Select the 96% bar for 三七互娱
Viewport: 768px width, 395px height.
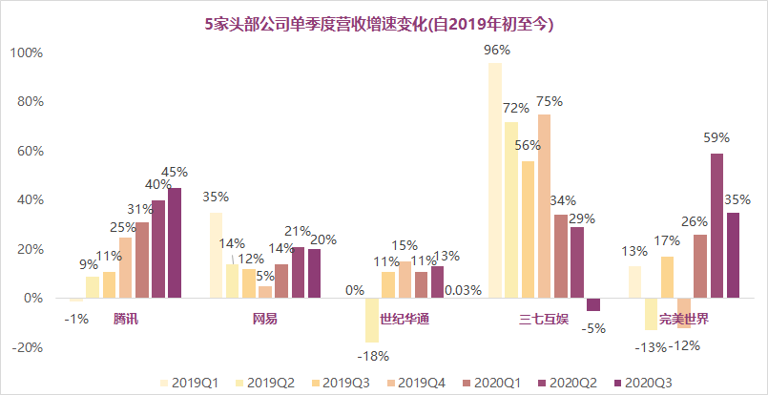pos(494,180)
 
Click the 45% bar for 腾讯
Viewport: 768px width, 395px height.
pos(174,242)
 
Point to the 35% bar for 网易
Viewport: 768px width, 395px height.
pos(216,255)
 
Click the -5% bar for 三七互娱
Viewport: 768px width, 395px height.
pos(593,304)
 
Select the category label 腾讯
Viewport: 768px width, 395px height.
pos(126,318)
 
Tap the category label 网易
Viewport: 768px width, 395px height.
pos(265,318)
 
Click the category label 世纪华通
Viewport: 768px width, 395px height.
pos(404,318)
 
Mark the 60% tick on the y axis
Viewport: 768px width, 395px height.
pos(29,151)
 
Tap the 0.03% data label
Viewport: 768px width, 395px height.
pos(462,290)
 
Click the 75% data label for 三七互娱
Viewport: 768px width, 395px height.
pos(549,101)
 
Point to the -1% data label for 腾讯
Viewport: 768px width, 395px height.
pos(75,318)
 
